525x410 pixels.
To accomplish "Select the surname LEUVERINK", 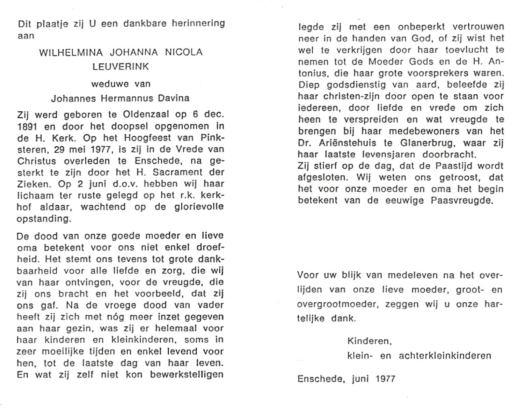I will coord(120,67).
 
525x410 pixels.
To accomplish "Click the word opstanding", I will coord(44,219).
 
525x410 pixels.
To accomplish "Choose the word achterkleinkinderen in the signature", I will coord(445,356).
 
